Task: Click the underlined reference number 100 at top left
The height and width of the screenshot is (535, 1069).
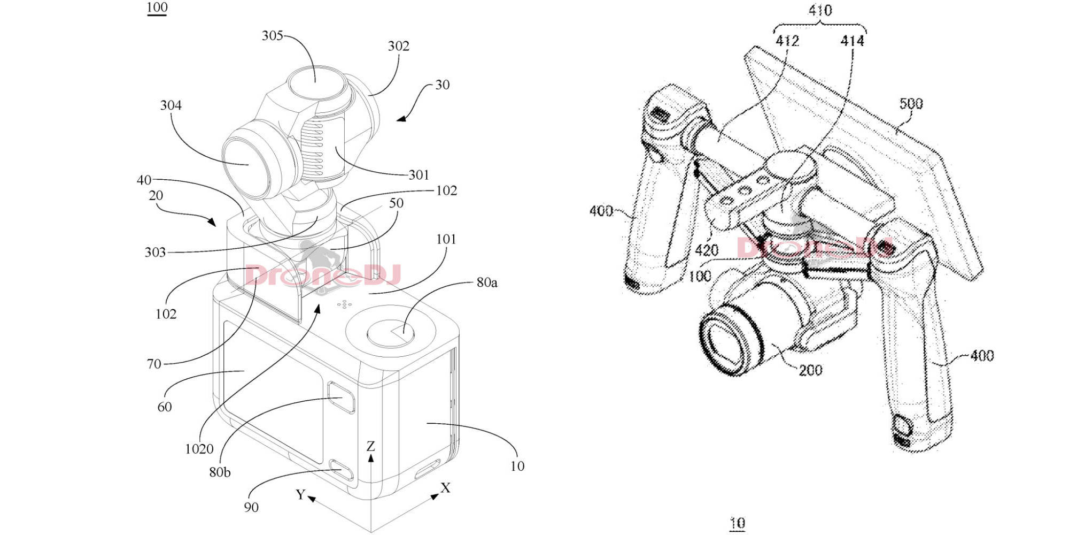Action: [157, 7]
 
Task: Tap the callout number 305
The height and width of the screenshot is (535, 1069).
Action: [272, 36]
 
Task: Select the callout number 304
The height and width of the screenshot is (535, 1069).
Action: [171, 105]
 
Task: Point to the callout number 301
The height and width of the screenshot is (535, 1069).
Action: [419, 175]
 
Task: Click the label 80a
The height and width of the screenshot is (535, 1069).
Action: [486, 282]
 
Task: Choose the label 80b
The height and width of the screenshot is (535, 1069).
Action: [220, 472]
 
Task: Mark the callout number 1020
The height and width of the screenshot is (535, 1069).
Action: [199, 449]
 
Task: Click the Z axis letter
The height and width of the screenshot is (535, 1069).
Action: [370, 446]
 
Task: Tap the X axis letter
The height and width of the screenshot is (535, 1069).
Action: [445, 488]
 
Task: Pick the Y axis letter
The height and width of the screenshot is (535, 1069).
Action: [300, 494]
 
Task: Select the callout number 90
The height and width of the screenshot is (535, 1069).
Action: [251, 507]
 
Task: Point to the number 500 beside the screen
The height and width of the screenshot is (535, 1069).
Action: [911, 104]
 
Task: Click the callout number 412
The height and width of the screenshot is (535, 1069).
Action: [787, 41]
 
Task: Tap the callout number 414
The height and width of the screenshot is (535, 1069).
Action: [852, 41]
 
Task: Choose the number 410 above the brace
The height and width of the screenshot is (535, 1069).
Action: [820, 11]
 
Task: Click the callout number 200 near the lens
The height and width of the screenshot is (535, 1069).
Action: [810, 370]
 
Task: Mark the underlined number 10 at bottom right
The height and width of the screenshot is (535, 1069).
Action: [738, 523]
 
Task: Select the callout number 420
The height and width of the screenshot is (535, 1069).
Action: [706, 250]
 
